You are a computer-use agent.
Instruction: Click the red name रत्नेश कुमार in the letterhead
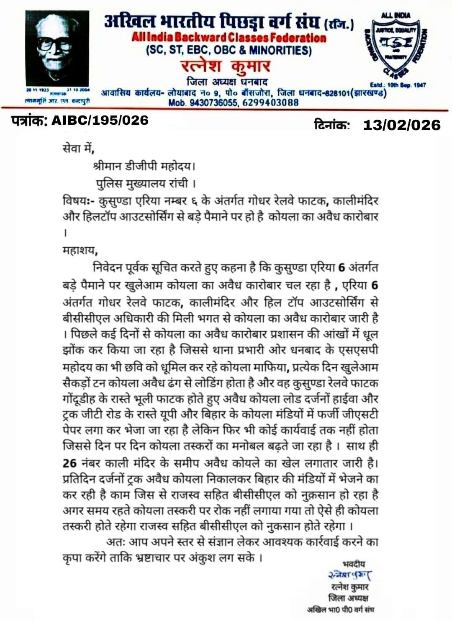(226, 67)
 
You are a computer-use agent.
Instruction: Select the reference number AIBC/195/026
(100, 121)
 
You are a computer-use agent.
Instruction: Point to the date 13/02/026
(402, 125)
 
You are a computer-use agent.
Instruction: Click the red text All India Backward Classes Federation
(229, 38)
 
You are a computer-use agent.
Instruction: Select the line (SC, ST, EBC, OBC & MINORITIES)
(229, 51)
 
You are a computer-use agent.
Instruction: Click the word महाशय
(80, 250)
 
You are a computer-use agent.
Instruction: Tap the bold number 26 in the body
(69, 463)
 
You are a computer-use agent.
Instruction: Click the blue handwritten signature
(350, 575)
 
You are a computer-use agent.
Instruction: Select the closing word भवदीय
(354, 564)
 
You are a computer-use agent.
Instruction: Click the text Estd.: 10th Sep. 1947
(398, 85)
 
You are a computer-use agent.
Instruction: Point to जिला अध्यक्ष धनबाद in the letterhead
(227, 82)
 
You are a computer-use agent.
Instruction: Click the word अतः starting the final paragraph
(116, 542)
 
